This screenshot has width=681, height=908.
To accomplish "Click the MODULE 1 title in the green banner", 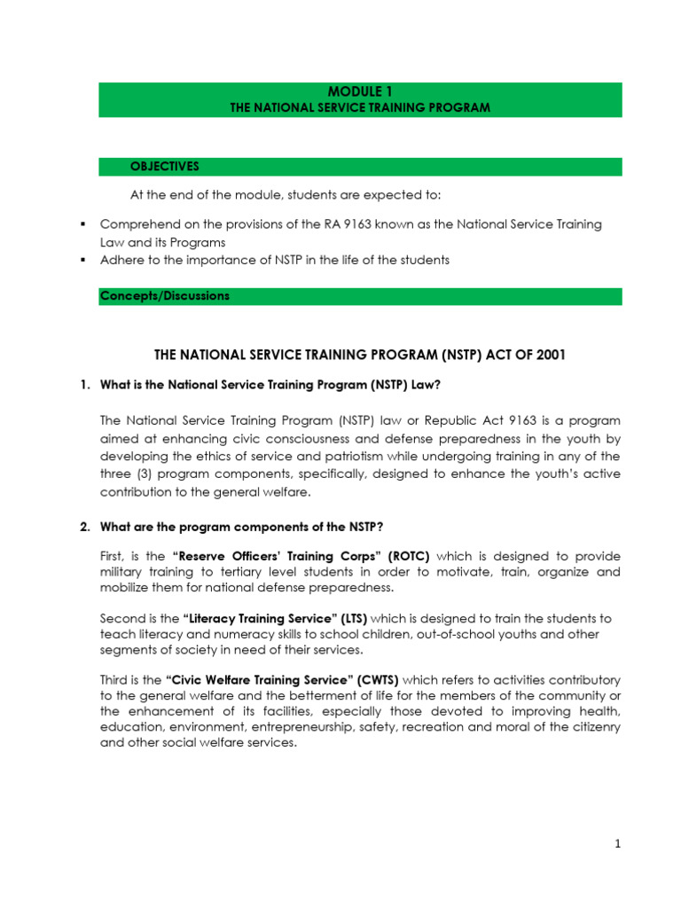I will (x=360, y=91).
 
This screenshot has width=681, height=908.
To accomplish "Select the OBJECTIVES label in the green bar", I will (x=165, y=167).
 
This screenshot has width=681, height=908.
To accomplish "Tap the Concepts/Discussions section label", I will (x=164, y=296).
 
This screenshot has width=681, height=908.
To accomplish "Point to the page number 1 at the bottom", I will (x=617, y=844).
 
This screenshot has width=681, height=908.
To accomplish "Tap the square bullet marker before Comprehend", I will (x=82, y=224).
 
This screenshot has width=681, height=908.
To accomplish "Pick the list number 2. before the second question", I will (x=85, y=527).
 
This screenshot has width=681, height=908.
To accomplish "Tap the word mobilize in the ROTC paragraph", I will (x=127, y=588).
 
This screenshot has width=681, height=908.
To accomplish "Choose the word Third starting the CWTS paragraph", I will (x=115, y=680).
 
